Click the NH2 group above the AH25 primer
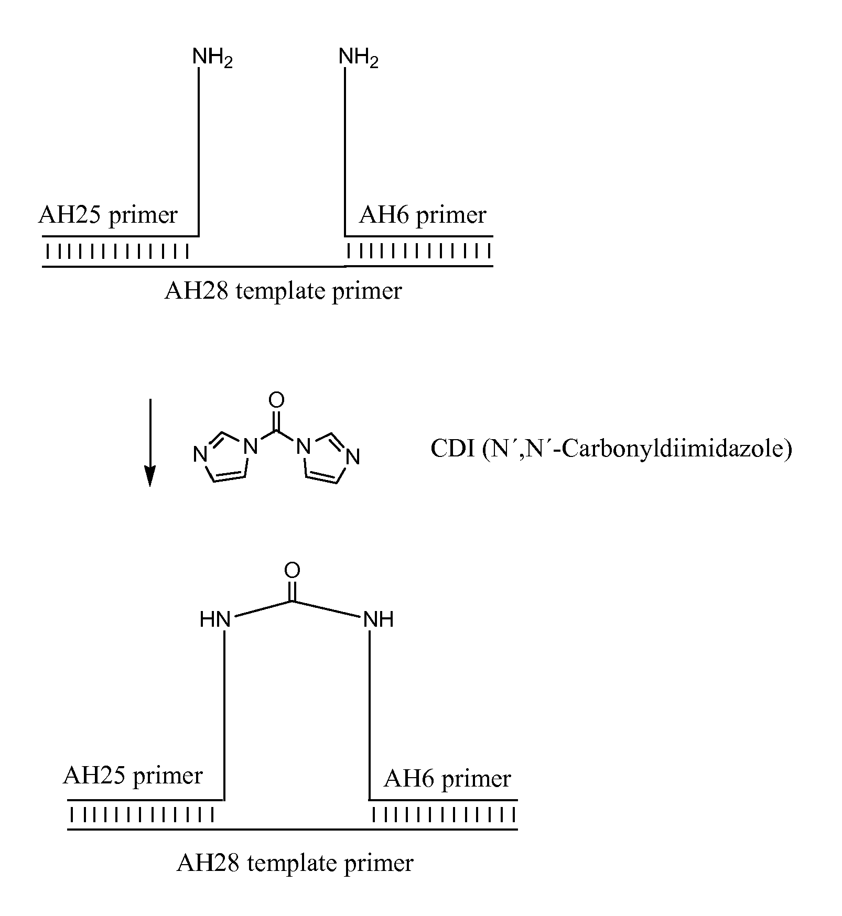click(x=211, y=57)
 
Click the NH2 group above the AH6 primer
click(x=358, y=57)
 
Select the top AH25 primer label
click(x=108, y=215)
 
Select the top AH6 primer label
click(x=423, y=215)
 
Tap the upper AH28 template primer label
click(x=283, y=291)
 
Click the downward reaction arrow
click(x=150, y=442)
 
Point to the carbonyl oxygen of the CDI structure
click(x=276, y=400)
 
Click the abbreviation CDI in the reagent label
click(x=451, y=449)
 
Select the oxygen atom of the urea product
click(x=292, y=571)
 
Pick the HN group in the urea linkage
click(x=215, y=620)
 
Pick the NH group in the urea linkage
click(x=379, y=620)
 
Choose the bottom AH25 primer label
click(x=133, y=776)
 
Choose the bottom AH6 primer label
click(x=447, y=779)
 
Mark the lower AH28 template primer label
click(x=295, y=863)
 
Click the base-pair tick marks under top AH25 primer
click(x=116, y=252)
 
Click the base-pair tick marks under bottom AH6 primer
click(x=444, y=815)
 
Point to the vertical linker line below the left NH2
click(x=199, y=152)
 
